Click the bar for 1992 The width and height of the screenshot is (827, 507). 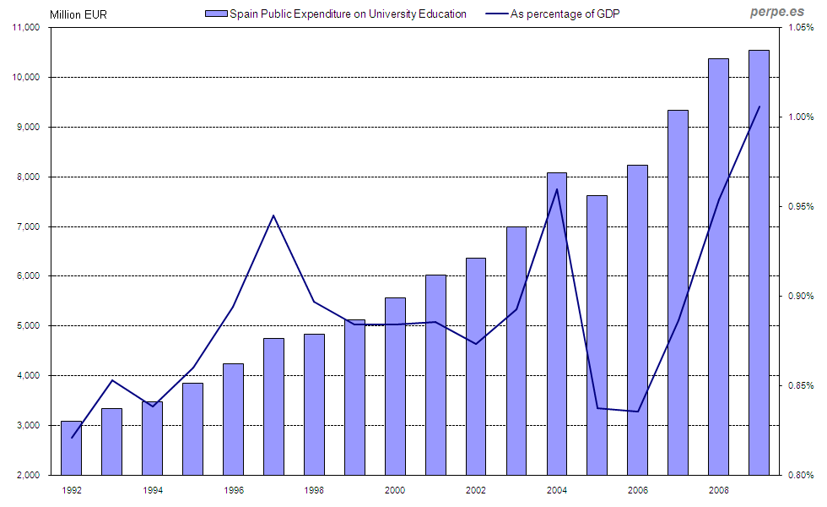(72, 448)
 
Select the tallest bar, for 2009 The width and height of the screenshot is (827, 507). (759, 262)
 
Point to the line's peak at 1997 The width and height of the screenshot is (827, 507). (273, 215)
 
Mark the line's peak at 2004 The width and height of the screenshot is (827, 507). (557, 189)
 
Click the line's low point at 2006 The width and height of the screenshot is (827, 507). (638, 412)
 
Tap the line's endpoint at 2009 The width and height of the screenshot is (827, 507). (759, 106)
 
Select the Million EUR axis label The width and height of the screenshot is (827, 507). (78, 14)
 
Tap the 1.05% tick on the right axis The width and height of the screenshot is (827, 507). (800, 28)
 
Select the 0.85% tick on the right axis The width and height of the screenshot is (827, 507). (800, 386)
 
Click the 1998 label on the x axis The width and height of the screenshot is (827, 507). (314, 490)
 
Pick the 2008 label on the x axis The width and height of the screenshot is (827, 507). (719, 490)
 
